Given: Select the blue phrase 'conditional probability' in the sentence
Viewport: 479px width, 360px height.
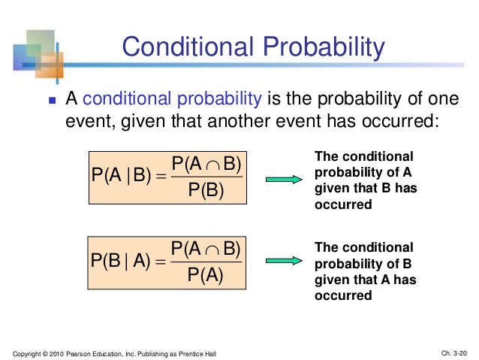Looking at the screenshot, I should pyautogui.click(x=172, y=98).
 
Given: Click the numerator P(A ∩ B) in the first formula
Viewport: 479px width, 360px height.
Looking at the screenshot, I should pyautogui.click(x=206, y=165).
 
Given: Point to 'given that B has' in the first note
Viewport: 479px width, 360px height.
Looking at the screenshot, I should pyautogui.click(x=363, y=189).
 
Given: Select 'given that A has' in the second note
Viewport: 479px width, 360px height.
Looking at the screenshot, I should pyautogui.click(x=363, y=280).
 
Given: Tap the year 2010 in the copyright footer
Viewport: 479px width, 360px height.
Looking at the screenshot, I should pyautogui.click(x=59, y=353).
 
